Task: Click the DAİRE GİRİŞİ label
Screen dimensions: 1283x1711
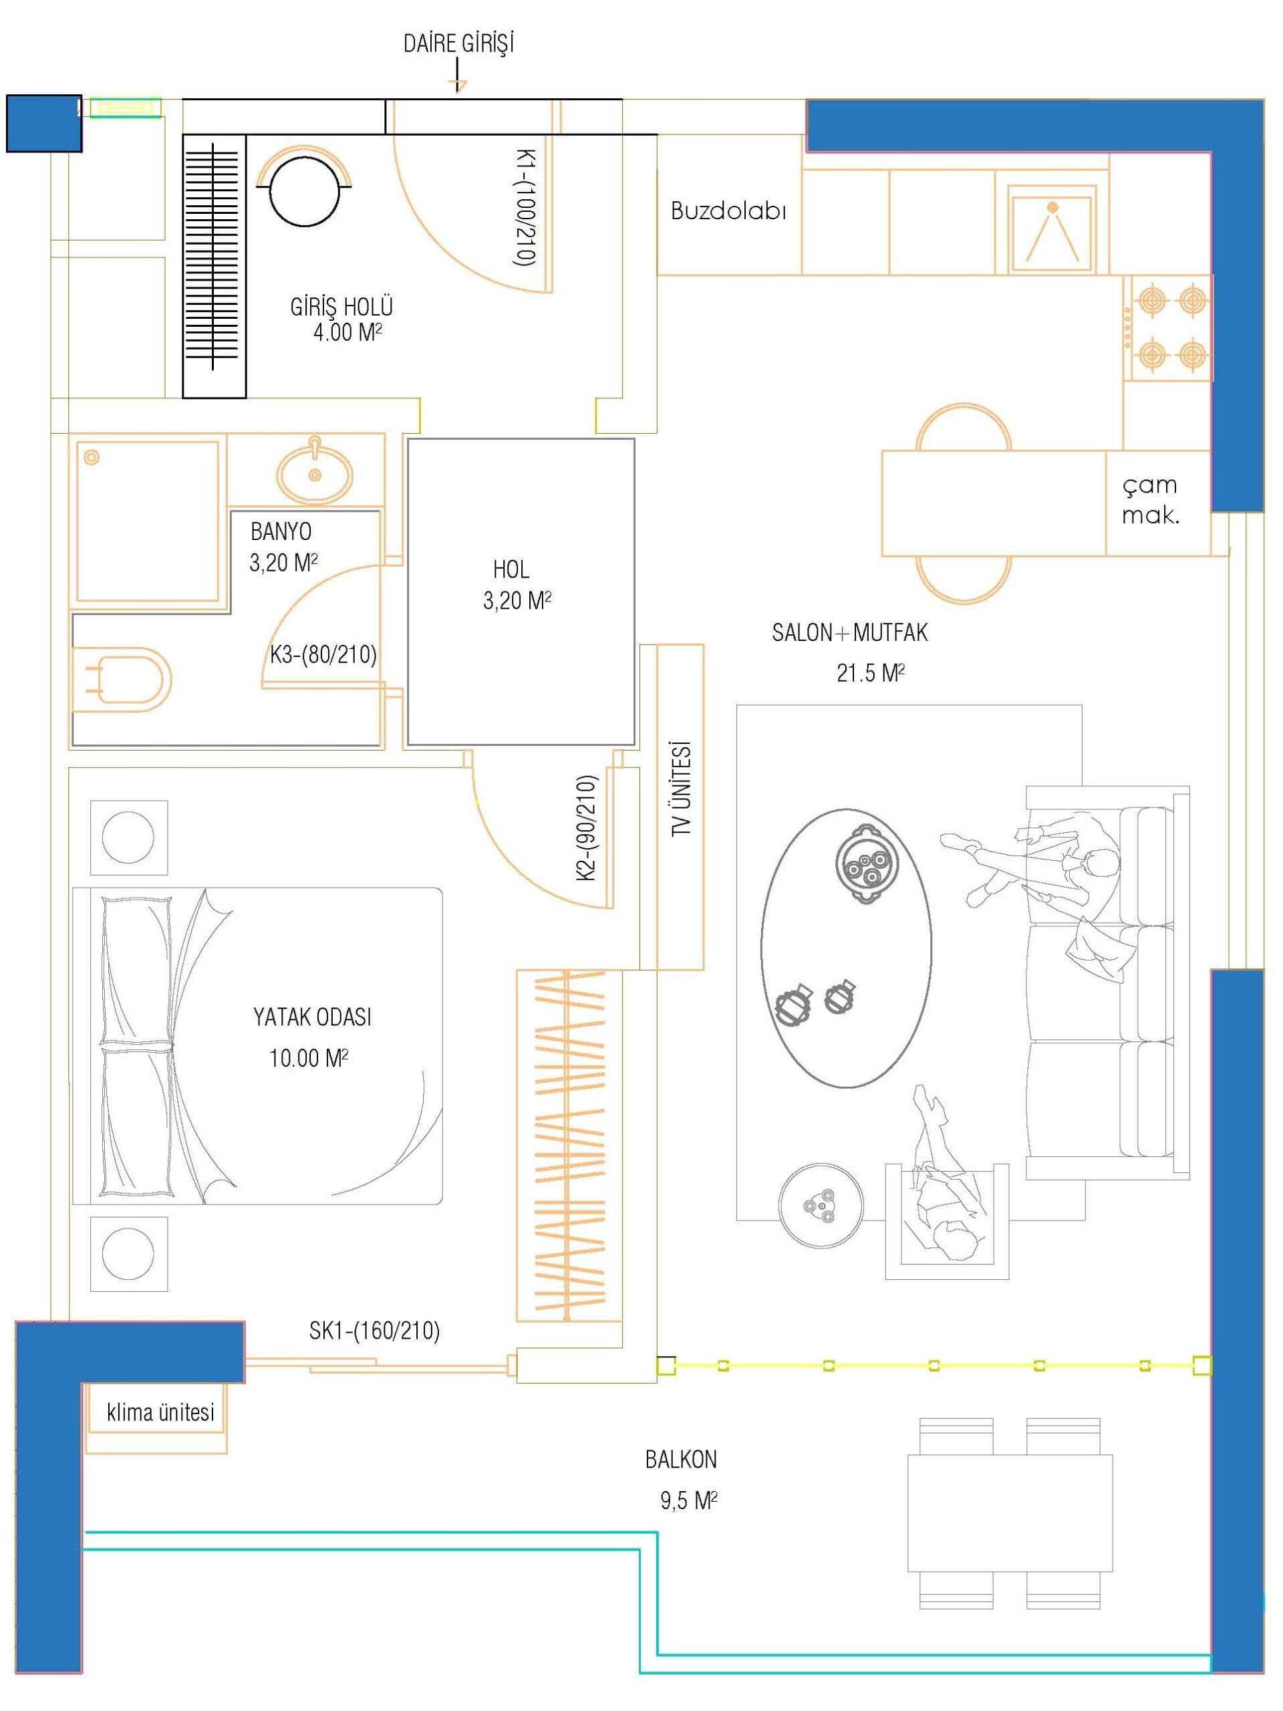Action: [458, 44]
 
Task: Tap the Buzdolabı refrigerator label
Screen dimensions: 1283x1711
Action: [728, 211]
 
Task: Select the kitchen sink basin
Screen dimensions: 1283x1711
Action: [1052, 230]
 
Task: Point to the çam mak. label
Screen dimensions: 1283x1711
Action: [1151, 501]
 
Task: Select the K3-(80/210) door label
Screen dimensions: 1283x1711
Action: [323, 655]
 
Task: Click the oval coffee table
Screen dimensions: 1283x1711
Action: [846, 948]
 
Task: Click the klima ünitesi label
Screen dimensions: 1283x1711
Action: [161, 1412]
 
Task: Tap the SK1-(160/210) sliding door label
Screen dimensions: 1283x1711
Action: [374, 1331]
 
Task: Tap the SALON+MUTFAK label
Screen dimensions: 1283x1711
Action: [850, 633]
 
